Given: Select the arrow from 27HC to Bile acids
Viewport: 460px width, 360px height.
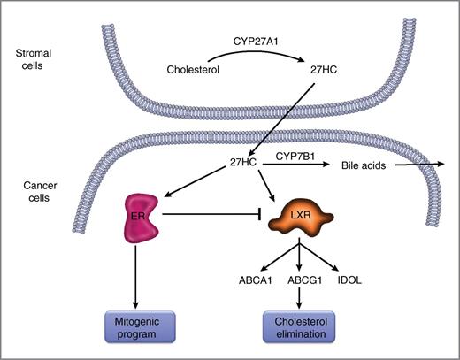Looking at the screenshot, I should pos(301,165).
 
